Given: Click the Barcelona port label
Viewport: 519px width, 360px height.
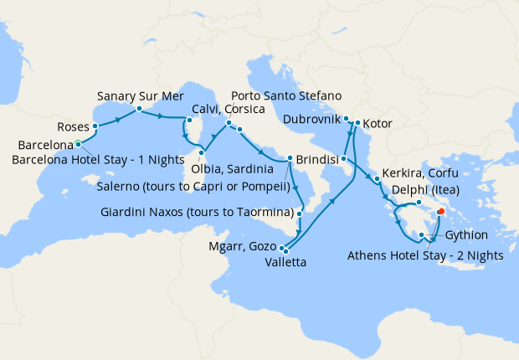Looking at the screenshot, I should click(x=39, y=143).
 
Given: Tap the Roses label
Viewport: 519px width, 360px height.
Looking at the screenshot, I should click(x=73, y=127).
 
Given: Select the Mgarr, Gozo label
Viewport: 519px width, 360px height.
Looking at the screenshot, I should click(x=241, y=247).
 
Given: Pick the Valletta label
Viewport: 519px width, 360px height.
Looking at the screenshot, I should click(x=285, y=262).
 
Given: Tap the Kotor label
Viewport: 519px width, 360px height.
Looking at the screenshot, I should click(x=379, y=124).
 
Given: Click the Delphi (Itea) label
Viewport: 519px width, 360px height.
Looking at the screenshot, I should click(x=423, y=189).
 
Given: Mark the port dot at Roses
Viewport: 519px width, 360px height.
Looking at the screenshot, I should click(x=95, y=127).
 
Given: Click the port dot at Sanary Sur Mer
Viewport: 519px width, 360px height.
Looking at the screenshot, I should click(x=138, y=108).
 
